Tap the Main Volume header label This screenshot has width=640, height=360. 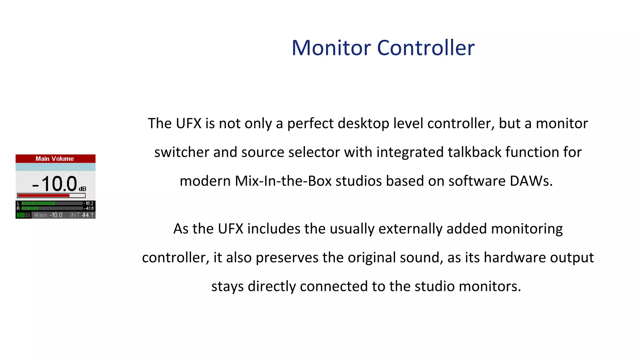[x=55, y=159]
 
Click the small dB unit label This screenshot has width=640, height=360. [x=82, y=189]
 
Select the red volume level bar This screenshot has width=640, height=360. [x=43, y=196]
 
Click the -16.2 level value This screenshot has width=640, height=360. [x=89, y=203]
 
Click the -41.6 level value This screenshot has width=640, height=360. [x=89, y=208]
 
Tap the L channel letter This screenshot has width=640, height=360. [x=18, y=203]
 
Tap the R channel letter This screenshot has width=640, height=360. [x=18, y=208]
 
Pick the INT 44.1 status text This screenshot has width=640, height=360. [x=82, y=215]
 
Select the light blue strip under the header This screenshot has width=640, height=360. [x=55, y=167]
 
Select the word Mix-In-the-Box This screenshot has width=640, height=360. [x=283, y=181]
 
